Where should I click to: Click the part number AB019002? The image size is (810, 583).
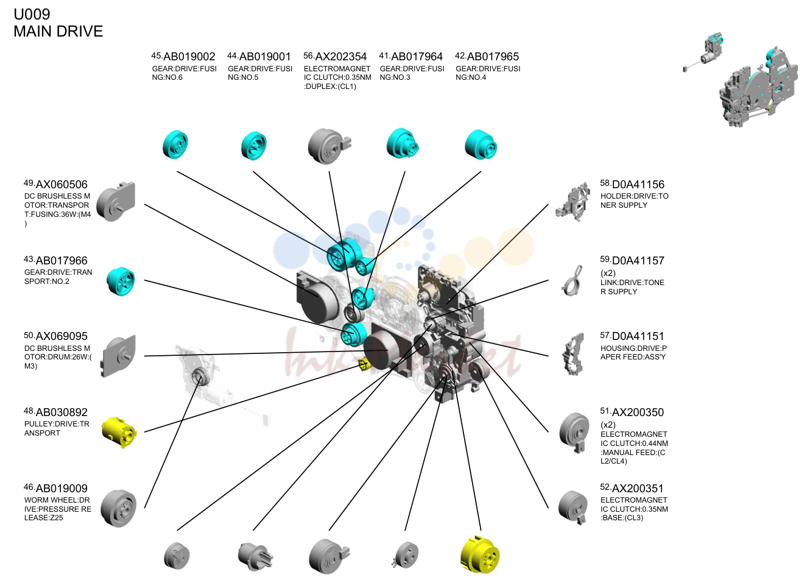click(189, 57)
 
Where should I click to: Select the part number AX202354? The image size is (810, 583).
click(341, 57)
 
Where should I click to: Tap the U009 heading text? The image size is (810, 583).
click(32, 15)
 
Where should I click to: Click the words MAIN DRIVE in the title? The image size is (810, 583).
click(58, 32)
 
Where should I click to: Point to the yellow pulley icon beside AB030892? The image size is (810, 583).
click(119, 433)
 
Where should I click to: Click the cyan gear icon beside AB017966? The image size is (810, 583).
click(121, 281)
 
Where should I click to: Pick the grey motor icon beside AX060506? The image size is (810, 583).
click(116, 202)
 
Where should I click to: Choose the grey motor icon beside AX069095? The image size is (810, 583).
click(118, 356)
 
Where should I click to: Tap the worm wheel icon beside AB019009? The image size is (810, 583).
click(119, 509)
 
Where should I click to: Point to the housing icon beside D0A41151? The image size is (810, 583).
click(574, 355)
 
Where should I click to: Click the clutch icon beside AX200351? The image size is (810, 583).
click(573, 507)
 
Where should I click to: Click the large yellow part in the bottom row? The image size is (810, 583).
click(480, 555)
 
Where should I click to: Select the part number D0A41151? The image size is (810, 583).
click(638, 336)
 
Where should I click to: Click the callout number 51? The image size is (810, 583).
click(605, 411)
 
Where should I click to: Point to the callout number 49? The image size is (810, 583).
click(29, 183)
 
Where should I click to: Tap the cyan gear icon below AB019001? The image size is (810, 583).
click(254, 146)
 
